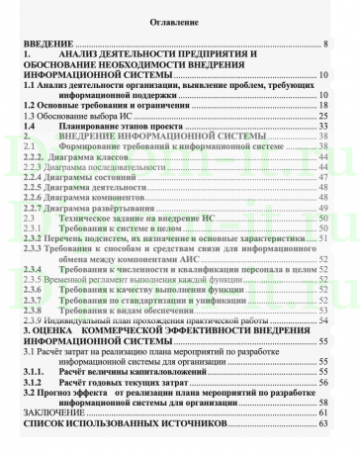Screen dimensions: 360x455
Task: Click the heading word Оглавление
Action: coord(180,22)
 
